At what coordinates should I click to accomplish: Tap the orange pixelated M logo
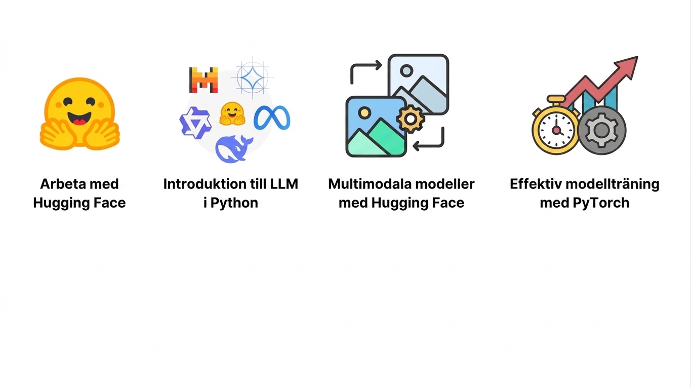point(204,80)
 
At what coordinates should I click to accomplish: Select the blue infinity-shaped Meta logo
point(272,118)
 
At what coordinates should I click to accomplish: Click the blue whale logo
point(233,149)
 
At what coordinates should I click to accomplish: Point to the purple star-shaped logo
point(195,123)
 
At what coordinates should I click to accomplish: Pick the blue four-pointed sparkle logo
point(252,77)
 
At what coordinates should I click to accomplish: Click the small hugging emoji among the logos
point(232,113)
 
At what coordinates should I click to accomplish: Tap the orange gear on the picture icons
point(410,119)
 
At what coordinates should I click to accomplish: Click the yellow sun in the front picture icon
point(364,112)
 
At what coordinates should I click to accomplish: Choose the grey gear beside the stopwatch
point(601,130)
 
